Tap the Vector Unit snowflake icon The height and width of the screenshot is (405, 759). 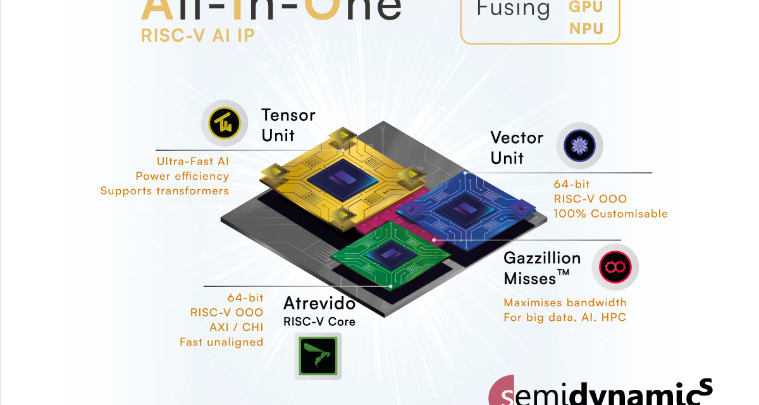[579, 145]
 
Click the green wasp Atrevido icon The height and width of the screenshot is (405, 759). [318, 356]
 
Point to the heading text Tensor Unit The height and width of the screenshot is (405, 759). [288, 125]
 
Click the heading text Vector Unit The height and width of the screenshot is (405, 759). [517, 147]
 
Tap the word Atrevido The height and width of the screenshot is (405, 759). [319, 303]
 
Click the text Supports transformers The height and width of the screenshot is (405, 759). [164, 190]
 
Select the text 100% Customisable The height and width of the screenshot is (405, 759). [610, 213]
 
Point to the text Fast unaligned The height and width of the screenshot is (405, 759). [221, 342]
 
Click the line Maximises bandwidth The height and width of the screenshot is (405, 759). [565, 302]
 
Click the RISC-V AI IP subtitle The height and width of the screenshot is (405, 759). [197, 35]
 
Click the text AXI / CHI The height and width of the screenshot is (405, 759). [236, 327]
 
